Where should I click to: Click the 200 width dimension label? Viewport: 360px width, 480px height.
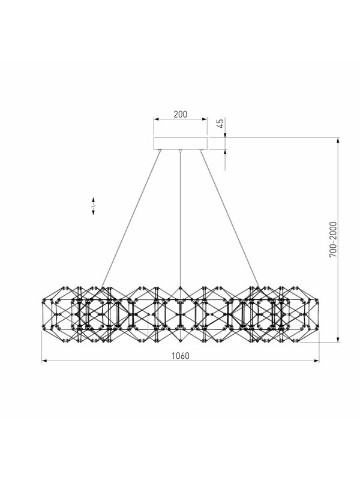[x=181, y=114]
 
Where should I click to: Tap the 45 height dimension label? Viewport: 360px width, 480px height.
[x=220, y=124]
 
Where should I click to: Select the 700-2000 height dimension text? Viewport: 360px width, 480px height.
[x=333, y=239]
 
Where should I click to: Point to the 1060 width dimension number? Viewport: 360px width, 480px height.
[x=181, y=356]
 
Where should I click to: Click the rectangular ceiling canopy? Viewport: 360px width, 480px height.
[x=181, y=143]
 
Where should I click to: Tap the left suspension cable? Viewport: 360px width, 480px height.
[x=131, y=220]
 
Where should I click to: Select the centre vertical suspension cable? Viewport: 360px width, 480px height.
[x=181, y=220]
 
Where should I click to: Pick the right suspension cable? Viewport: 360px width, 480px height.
[x=230, y=220]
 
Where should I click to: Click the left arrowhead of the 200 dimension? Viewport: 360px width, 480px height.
[x=156, y=119]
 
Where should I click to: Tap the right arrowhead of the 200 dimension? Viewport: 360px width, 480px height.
[x=205, y=119]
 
